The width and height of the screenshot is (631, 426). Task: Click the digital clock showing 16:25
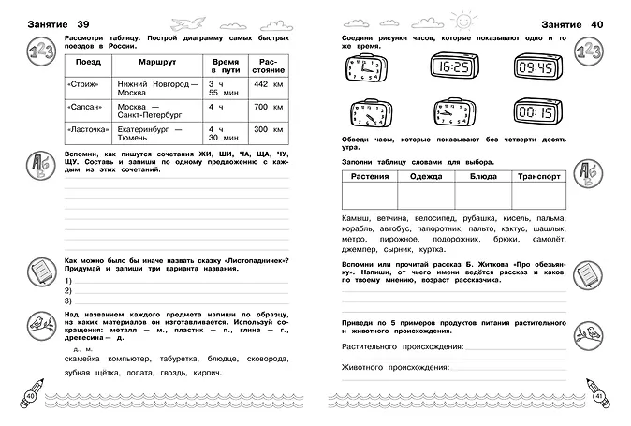pyautogui.click(x=452, y=67)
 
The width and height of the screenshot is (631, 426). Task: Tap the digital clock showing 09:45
pyautogui.click(x=537, y=67)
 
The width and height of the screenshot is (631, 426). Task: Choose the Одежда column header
pyautogui.click(x=425, y=175)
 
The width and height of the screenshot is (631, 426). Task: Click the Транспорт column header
pyautogui.click(x=536, y=175)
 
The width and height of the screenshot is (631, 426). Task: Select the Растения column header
pyautogui.click(x=370, y=175)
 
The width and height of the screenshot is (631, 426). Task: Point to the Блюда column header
pyautogui.click(x=480, y=175)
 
